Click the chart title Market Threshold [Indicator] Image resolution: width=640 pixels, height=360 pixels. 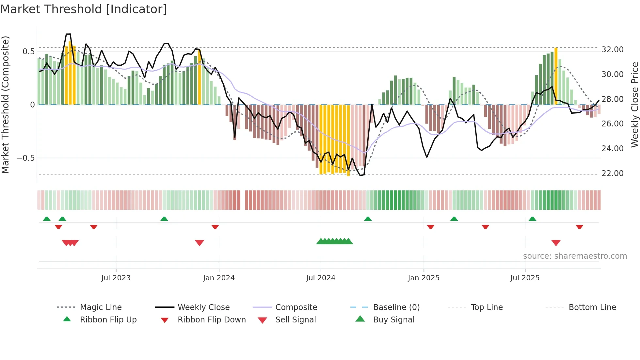(x=84, y=9)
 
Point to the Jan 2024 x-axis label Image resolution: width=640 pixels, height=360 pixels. (x=219, y=278)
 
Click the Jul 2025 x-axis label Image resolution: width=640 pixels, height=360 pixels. (x=525, y=278)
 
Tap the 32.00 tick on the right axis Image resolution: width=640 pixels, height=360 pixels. (x=612, y=50)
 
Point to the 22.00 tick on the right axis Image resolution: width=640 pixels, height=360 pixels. (x=612, y=173)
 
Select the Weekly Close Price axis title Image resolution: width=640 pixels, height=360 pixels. (x=634, y=105)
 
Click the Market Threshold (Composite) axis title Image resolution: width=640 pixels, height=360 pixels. (x=5, y=105)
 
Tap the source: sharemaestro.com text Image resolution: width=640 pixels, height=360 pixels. (x=575, y=256)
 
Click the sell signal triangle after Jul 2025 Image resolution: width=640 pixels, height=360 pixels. (x=556, y=243)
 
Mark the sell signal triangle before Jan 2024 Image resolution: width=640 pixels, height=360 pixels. (x=199, y=243)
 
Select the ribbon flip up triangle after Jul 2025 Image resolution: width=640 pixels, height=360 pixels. (x=532, y=219)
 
